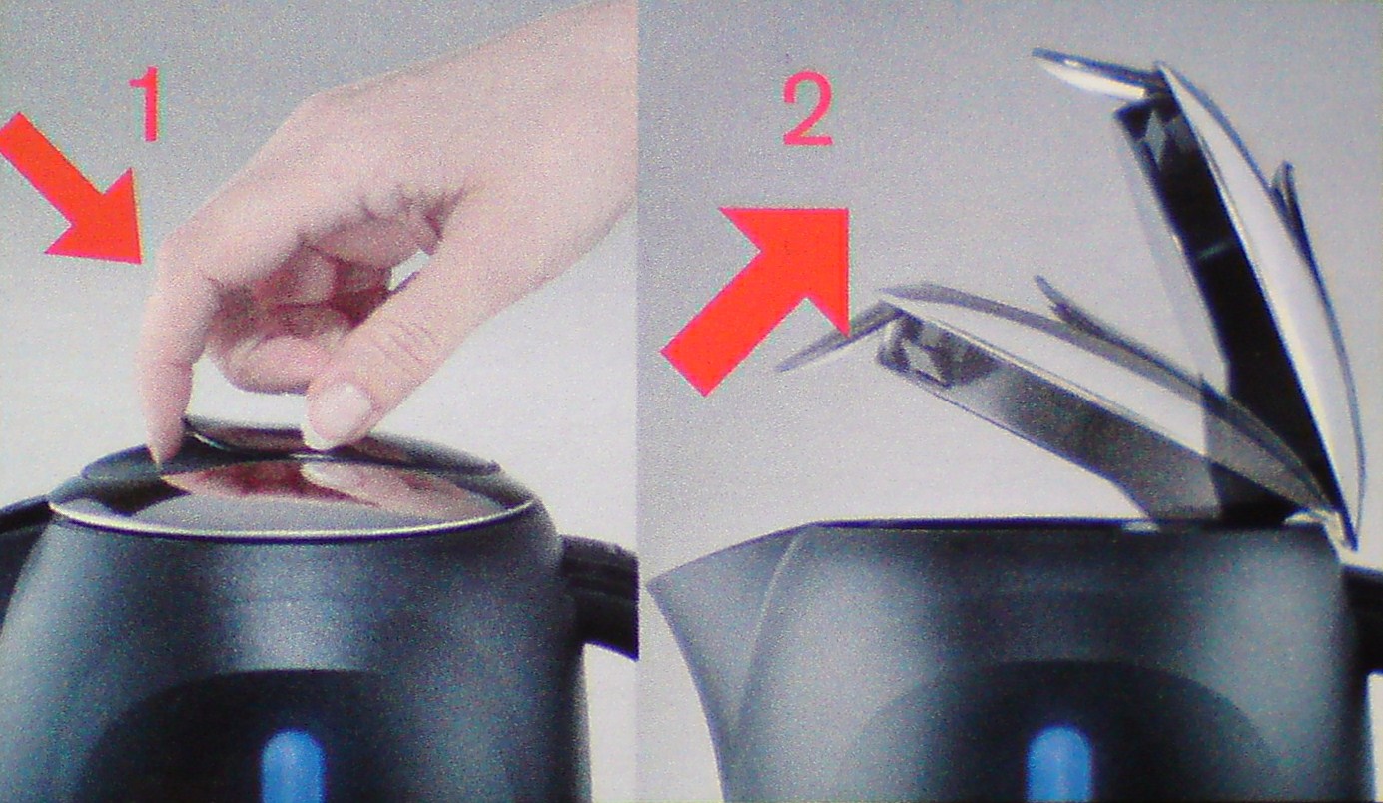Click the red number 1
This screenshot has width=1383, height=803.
coord(148,103)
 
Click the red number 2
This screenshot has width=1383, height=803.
coord(808,109)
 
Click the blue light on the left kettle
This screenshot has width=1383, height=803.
coord(292,766)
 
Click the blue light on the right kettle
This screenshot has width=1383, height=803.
coord(1059,765)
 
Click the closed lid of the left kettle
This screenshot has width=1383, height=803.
coord(291,488)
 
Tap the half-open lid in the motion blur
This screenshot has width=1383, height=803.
coord(1049,401)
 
